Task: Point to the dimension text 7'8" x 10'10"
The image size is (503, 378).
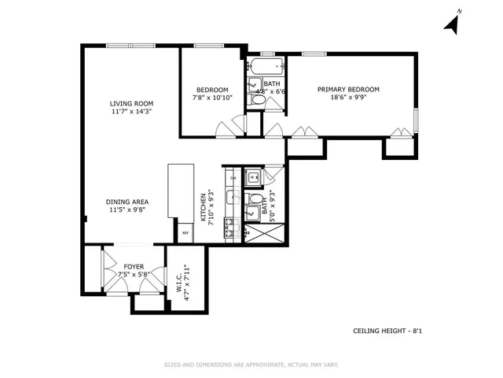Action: (212, 98)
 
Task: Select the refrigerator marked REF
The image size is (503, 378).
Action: (185, 233)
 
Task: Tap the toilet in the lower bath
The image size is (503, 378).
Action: (251, 212)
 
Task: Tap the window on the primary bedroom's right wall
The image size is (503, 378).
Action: (416, 119)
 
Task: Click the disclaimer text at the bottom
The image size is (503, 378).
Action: (251, 365)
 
